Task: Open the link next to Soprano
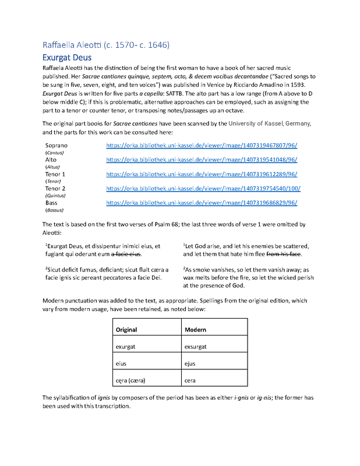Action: [202, 146]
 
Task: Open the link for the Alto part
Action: [202, 160]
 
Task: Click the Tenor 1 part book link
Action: [202, 174]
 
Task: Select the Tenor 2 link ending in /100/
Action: [203, 189]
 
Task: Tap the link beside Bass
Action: [202, 203]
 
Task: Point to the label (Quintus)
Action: [55, 196]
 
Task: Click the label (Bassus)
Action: [54, 210]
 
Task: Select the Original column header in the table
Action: [126, 330]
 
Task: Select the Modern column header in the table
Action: [195, 330]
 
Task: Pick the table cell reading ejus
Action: [190, 363]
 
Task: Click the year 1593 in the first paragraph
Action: [296, 84]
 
